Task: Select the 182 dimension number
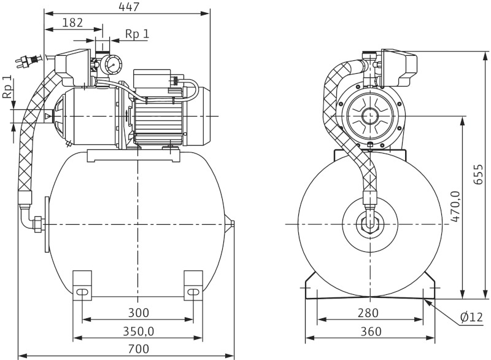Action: click(73, 23)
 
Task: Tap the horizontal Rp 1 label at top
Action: click(137, 34)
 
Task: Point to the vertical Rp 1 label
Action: click(7, 87)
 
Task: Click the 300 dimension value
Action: click(139, 313)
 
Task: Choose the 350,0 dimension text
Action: click(138, 332)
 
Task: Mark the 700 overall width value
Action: click(139, 350)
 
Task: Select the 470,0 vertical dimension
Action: click(455, 209)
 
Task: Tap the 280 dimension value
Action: click(368, 313)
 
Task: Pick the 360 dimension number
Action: click(371, 332)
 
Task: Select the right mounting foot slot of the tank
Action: click(193, 292)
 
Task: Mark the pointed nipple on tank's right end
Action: click(231, 224)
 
